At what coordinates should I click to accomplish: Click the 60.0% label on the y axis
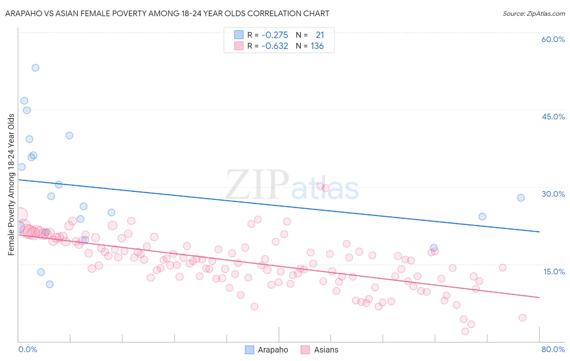pos(553,39)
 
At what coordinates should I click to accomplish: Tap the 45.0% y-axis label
pos(553,117)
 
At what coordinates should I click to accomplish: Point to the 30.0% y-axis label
pos(553,194)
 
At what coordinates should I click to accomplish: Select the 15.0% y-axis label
pos(554,272)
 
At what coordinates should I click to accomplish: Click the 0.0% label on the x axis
pos(28,349)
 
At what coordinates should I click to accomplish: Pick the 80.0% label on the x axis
pos(553,349)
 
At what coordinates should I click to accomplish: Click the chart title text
pos(167,13)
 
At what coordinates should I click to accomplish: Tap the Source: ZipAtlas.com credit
pos(534,13)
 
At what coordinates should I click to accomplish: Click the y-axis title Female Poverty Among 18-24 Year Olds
pos(11,185)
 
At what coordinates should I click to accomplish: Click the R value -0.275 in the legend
pos(274,35)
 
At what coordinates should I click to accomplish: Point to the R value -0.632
pos(274,46)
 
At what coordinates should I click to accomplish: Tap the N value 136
pos(317,46)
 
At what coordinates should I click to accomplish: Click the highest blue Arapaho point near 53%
pos(35,68)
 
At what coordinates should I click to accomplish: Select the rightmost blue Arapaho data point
pos(521,198)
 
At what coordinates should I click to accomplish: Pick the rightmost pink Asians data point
pos(522,318)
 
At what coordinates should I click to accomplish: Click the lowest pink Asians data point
pos(465,331)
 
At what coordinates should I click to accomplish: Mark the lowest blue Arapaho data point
pos(49,284)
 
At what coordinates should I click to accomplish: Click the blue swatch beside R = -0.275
pos(239,35)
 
